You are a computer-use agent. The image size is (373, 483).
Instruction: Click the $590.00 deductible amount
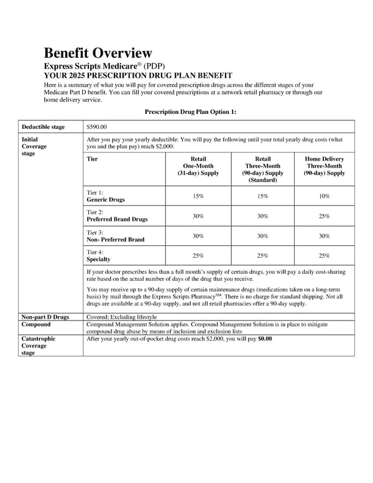point(97,127)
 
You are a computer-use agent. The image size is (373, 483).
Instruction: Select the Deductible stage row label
point(43,127)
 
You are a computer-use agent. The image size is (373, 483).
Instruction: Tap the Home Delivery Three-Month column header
point(324,166)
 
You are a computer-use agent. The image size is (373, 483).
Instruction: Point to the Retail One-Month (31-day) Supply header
point(198,166)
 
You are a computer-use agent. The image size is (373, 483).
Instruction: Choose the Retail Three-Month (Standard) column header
point(262,169)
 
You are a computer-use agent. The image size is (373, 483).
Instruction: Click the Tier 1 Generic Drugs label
point(106,196)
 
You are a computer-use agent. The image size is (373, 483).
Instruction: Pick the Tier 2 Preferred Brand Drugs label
point(117,216)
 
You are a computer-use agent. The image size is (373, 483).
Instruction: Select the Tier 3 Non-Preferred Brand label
point(116,236)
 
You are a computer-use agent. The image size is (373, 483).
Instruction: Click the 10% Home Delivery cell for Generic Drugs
point(324,196)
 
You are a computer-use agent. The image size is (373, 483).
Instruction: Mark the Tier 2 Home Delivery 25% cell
point(324,216)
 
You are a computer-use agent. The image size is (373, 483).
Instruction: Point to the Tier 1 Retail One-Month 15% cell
point(198,196)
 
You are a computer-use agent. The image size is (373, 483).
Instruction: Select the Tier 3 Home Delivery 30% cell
point(324,236)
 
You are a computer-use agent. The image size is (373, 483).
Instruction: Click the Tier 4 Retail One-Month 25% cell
point(198,256)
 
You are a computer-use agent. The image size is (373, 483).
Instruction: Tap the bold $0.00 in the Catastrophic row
point(265,339)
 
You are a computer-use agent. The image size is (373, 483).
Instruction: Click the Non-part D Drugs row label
point(45,317)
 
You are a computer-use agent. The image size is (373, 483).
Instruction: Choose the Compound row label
point(36,324)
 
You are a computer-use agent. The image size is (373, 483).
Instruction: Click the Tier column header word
point(93,159)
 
